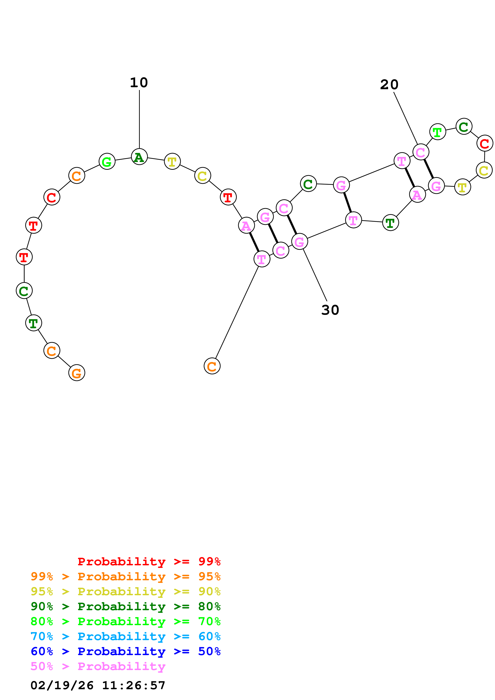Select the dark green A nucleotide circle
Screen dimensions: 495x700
click(x=139, y=157)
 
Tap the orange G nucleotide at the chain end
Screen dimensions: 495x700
click(x=76, y=373)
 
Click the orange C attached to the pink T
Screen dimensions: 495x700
click(x=212, y=366)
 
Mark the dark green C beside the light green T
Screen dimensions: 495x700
click(x=464, y=126)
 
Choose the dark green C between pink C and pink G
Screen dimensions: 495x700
click(x=308, y=184)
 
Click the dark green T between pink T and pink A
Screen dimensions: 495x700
click(x=390, y=222)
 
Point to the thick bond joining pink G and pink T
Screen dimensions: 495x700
click(x=347, y=203)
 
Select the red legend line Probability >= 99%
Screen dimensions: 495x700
click(x=149, y=561)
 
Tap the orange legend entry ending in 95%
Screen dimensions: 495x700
click(x=125, y=576)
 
